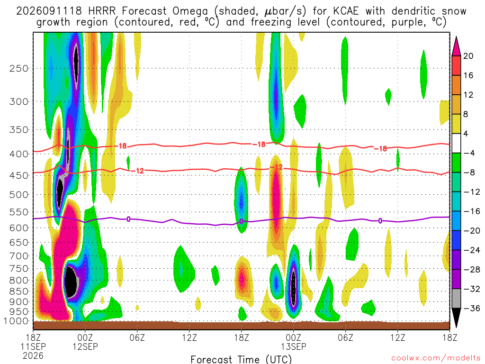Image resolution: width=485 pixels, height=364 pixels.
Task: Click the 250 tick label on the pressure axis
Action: (x=19, y=68)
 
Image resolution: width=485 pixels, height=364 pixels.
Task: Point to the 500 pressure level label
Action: (x=19, y=195)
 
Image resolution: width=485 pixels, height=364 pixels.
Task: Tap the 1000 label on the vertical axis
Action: (x=16, y=321)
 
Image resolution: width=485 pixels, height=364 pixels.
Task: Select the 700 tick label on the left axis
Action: (x=19, y=256)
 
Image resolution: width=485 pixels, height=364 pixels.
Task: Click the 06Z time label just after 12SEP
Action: (x=137, y=337)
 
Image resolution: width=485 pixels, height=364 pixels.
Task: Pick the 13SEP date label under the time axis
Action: (x=294, y=346)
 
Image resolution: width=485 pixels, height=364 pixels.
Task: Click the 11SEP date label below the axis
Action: (x=33, y=346)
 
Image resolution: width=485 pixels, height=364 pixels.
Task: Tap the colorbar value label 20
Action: (x=468, y=56)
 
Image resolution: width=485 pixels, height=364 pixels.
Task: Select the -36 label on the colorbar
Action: (x=472, y=308)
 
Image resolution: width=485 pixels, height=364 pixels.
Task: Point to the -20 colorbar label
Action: (x=472, y=231)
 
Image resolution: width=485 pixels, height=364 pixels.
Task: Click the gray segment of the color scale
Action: (x=456, y=299)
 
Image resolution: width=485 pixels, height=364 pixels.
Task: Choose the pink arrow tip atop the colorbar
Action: (x=456, y=37)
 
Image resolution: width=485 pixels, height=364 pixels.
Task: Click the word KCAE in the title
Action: (x=346, y=11)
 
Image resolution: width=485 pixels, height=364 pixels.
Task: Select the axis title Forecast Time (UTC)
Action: (x=241, y=359)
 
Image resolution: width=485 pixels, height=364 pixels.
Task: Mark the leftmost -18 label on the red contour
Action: (x=123, y=146)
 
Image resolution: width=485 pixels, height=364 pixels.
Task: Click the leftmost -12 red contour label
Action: (x=140, y=171)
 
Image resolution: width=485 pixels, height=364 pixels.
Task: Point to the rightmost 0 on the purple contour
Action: (x=380, y=221)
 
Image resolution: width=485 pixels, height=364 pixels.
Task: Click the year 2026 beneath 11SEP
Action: (x=33, y=355)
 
